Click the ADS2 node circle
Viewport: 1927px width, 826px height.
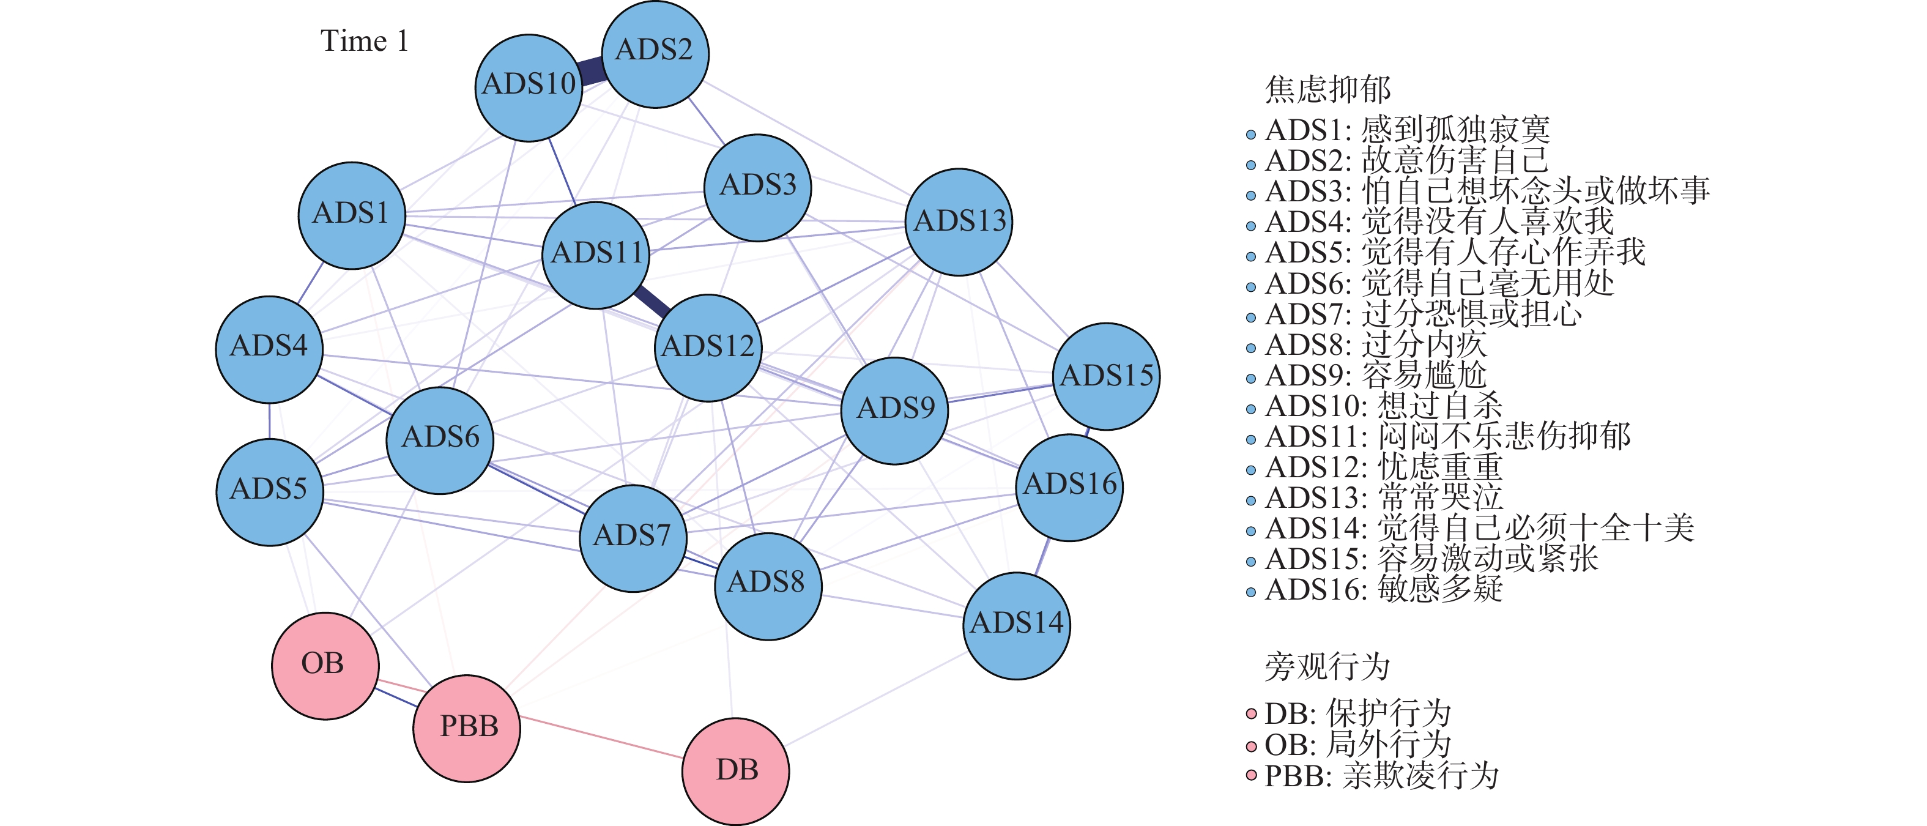[x=655, y=54]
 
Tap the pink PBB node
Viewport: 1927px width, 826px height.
[x=466, y=728]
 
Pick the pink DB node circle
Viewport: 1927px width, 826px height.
[x=735, y=772]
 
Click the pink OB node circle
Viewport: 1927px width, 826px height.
[x=325, y=665]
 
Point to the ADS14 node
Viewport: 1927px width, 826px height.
[x=1016, y=625]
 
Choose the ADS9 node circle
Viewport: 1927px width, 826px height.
[x=894, y=411]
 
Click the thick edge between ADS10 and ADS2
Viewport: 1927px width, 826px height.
[x=592, y=72]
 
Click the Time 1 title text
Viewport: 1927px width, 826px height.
[x=365, y=41]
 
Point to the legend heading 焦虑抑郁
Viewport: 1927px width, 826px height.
[x=1327, y=90]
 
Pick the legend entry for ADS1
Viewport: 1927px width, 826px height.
[x=1406, y=130]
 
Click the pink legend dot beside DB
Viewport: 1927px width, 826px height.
[x=1251, y=714]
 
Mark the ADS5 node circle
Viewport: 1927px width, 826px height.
[x=269, y=491]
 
